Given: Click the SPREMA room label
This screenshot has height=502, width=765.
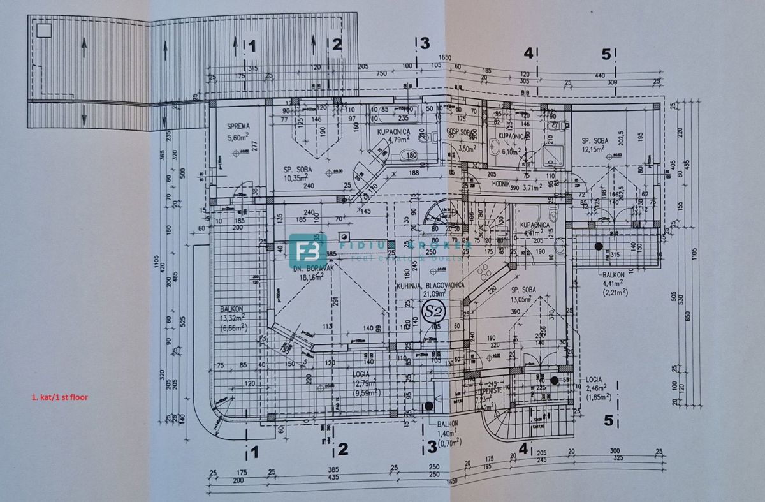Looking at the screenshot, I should coord(236,126).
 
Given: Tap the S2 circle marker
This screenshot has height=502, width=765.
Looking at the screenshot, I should coord(435,312).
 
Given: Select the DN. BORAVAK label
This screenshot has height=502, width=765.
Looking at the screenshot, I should coord(306,269).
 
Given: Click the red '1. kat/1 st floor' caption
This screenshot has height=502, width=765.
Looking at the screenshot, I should coord(59,397).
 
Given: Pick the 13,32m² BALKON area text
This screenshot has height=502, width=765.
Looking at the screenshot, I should coord(235,318).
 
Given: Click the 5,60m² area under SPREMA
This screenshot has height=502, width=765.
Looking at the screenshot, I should coord(236,137).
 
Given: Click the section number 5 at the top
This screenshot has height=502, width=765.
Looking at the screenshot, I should coord(606,54).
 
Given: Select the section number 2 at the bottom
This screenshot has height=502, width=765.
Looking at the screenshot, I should coord(342,450).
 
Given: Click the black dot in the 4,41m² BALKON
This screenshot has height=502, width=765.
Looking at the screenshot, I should coord(598,246).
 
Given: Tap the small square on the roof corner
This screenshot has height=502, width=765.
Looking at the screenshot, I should coord(43,30).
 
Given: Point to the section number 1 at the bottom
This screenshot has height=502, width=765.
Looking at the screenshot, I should coord(254,452).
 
